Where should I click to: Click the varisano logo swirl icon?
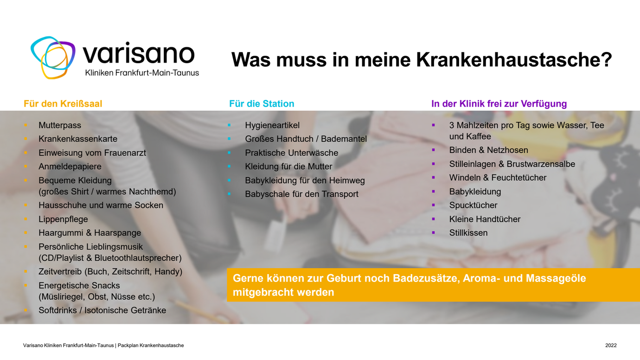pos(53,58)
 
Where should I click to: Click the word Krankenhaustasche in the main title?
pos(514,60)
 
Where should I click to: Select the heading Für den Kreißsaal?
pos(63,104)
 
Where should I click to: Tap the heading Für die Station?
pos(262,104)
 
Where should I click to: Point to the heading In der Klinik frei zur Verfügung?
pos(499,104)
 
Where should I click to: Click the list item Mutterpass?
pos(60,125)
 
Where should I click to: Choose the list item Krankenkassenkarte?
pos(78,139)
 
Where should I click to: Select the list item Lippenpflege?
pos(63,219)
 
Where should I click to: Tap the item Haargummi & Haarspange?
pos(90,233)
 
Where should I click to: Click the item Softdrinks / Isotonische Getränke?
pos(102,310)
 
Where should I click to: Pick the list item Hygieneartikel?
pos(272,125)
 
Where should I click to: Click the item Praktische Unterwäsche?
pos(291,153)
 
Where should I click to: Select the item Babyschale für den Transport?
pos(301,194)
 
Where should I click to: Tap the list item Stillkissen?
pos(468,233)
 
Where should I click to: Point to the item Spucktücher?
pos(473,206)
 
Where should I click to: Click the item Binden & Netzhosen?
pos(488,150)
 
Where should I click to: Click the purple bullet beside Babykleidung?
pos(434,192)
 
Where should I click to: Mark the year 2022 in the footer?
pos(611,346)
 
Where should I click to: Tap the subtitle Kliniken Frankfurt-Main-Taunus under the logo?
pos(142,73)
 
